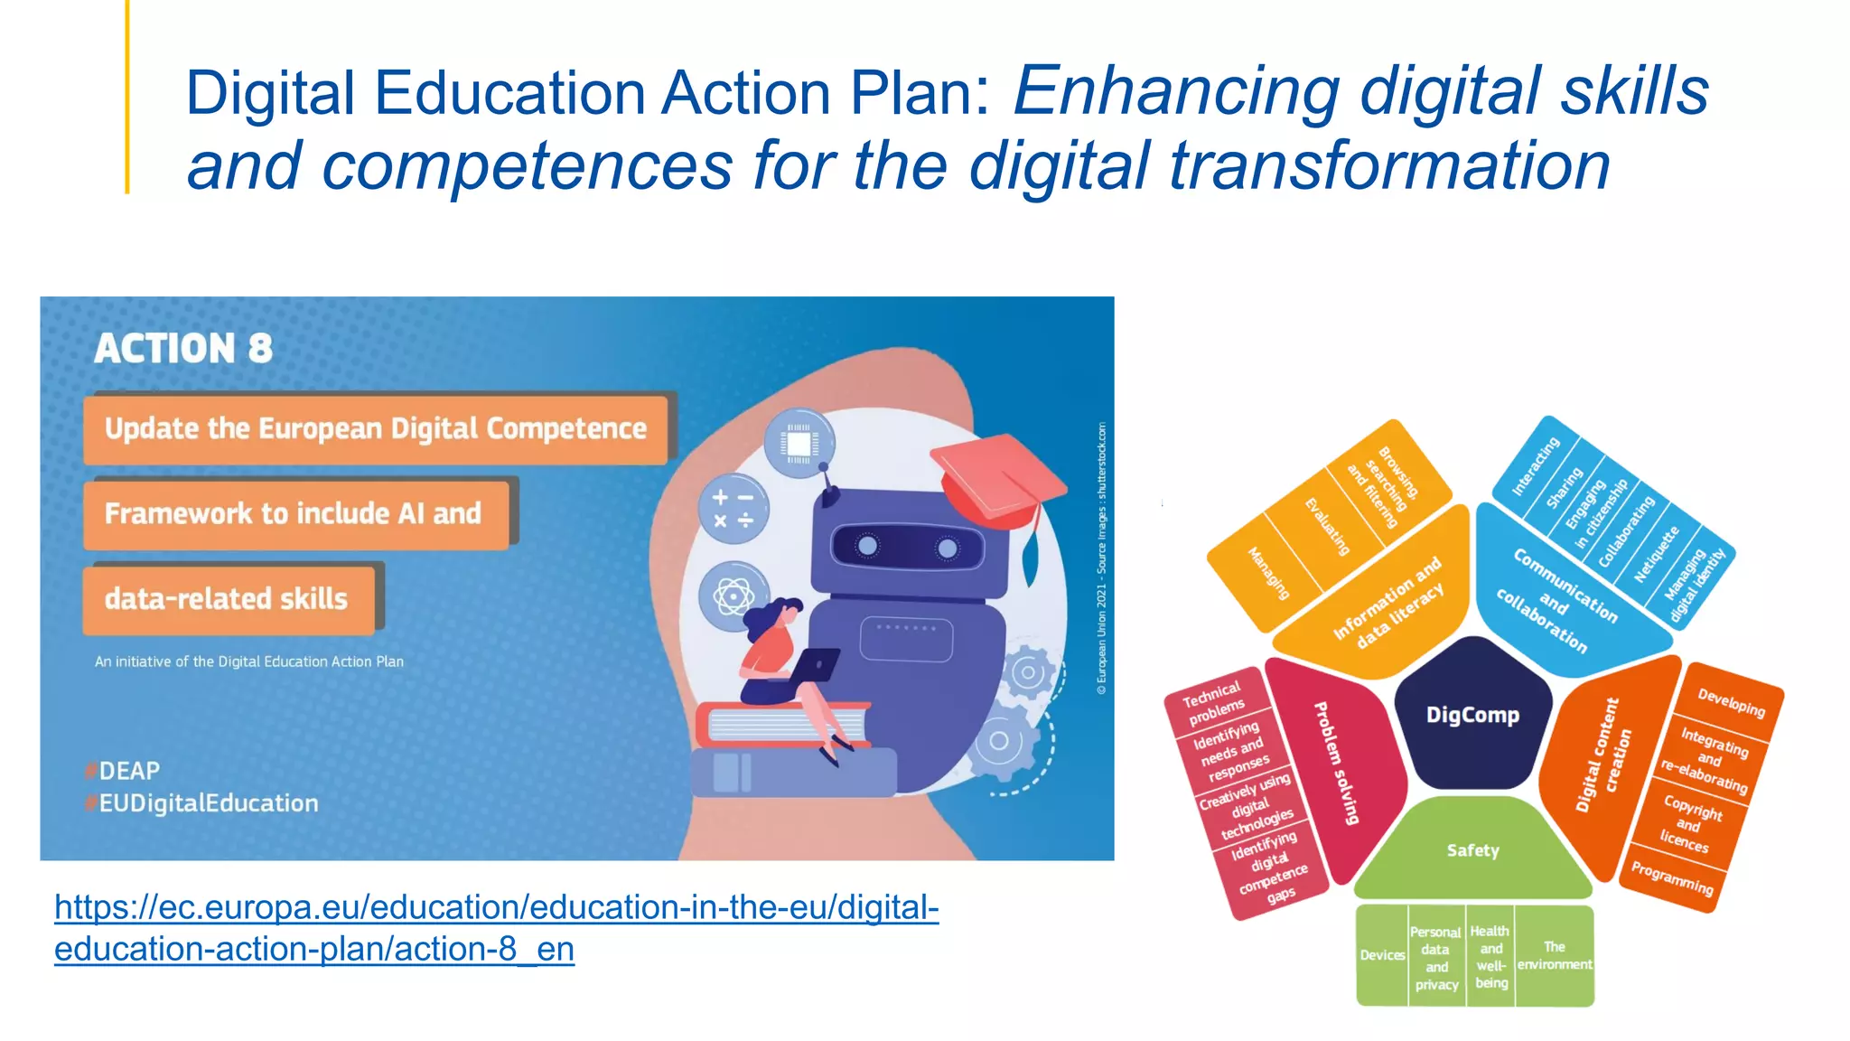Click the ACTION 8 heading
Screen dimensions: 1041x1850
click(x=183, y=349)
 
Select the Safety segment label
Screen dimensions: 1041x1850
click(x=1472, y=850)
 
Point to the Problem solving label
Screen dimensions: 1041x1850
click(x=1337, y=764)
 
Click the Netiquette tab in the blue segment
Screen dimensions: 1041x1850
click(x=1656, y=554)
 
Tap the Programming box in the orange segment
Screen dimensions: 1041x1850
click(x=1672, y=878)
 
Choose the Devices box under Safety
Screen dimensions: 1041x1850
click(x=1382, y=955)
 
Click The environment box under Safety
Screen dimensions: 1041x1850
click(x=1554, y=955)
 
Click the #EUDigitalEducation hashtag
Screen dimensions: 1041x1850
click(x=208, y=803)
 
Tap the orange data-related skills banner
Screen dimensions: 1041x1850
click(x=229, y=599)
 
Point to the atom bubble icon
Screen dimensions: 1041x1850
click(x=733, y=596)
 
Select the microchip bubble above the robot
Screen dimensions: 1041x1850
click(x=799, y=444)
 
